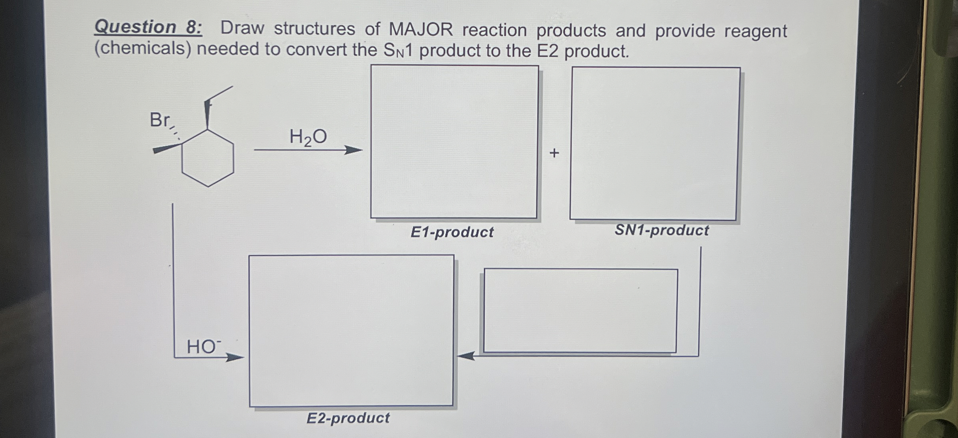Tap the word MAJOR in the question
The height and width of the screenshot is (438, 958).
(421, 30)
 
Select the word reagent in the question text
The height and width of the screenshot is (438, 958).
(755, 31)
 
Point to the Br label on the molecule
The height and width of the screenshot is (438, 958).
(159, 120)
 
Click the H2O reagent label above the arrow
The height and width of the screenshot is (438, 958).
(308, 137)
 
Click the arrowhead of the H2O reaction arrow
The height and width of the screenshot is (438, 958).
(354, 150)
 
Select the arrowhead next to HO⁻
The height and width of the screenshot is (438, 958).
(235, 357)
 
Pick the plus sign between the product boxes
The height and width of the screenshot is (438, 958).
(554, 153)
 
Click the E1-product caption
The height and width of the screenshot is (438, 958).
(452, 232)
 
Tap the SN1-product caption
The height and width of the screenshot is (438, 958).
(662, 230)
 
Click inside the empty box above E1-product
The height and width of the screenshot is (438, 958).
(454, 142)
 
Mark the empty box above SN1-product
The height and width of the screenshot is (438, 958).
(655, 144)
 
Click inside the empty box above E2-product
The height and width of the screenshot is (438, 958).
(351, 331)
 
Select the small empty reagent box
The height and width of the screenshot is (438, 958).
(581, 311)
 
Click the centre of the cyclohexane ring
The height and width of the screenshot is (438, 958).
(208, 158)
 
